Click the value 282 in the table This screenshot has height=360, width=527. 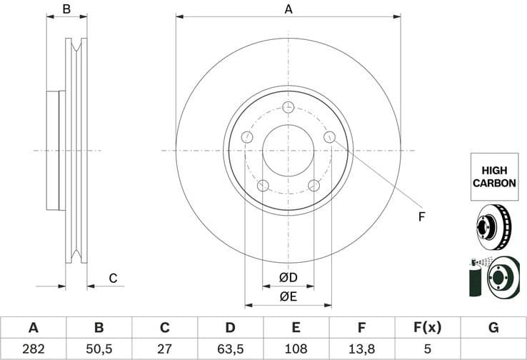(33, 349)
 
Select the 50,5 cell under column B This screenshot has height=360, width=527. (99, 349)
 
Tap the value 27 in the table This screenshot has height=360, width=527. (164, 349)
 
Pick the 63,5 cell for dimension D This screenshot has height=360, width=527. (230, 349)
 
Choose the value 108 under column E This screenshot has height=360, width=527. (296, 349)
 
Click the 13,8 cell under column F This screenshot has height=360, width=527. (361, 349)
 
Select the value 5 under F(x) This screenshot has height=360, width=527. (427, 349)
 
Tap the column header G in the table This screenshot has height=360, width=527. (493, 328)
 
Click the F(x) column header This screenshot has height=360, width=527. (427, 328)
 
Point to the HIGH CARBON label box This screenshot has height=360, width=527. (493, 176)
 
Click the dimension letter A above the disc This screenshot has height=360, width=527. (288, 9)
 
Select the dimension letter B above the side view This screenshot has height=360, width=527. (66, 9)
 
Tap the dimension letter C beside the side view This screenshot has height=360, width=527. (113, 278)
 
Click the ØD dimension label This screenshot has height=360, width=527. (288, 277)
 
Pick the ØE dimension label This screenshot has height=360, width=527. (288, 296)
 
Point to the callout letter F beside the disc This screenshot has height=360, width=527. (421, 216)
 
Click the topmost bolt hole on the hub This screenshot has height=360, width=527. (288, 107)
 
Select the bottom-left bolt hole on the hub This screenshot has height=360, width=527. (262, 186)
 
